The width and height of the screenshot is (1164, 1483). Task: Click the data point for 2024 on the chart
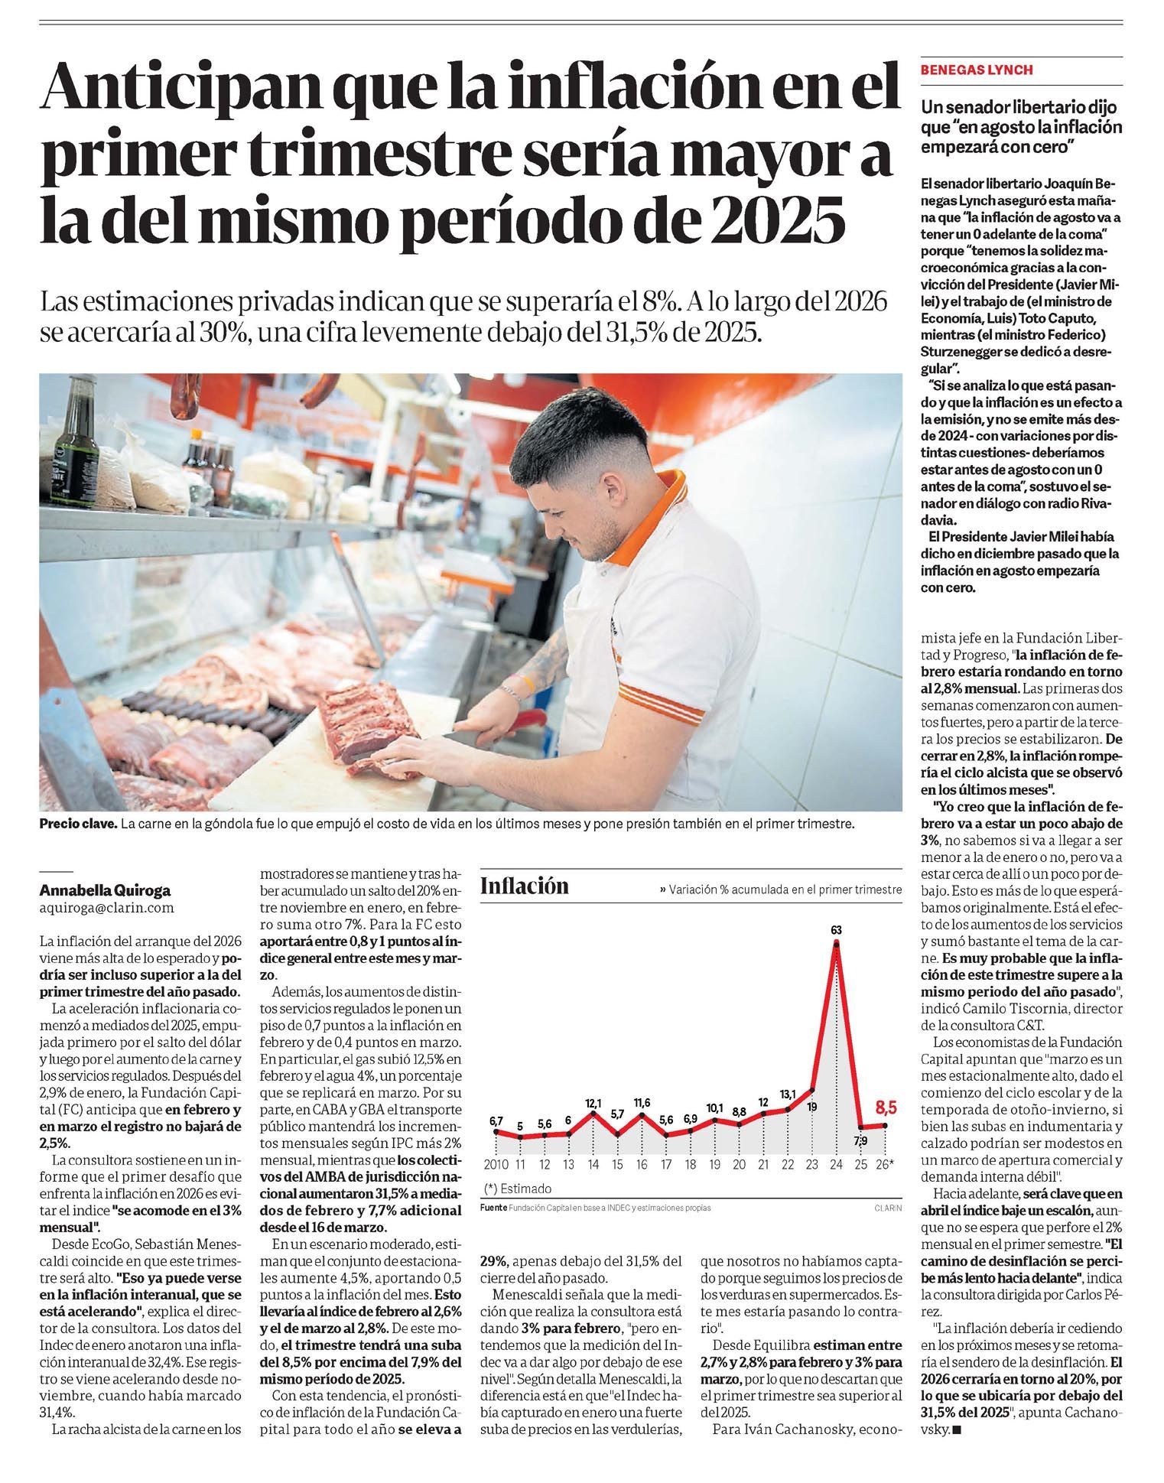pyautogui.click(x=836, y=945)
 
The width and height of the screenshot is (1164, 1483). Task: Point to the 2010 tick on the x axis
pyautogui.click(x=496, y=1164)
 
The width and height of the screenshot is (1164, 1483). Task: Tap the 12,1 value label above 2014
pyautogui.click(x=593, y=1103)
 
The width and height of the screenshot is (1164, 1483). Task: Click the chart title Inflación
pyautogui.click(x=525, y=886)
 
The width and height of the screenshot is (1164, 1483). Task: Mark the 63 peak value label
pyautogui.click(x=836, y=930)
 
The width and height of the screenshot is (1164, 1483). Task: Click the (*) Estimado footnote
pyautogui.click(x=518, y=1189)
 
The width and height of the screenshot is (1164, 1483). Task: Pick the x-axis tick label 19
pyautogui.click(x=715, y=1164)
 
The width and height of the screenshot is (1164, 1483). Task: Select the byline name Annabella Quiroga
pyautogui.click(x=105, y=890)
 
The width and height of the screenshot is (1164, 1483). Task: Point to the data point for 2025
pyautogui.click(x=860, y=1127)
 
